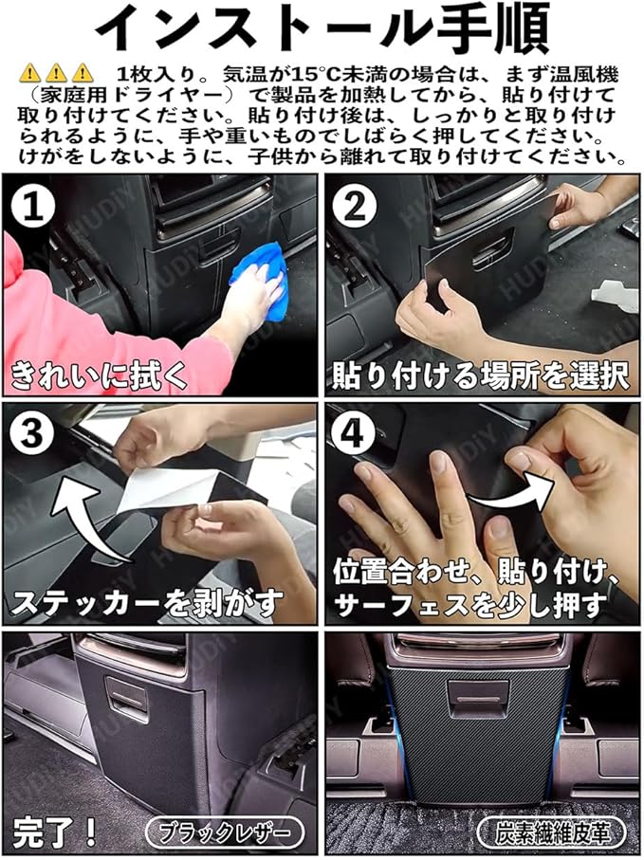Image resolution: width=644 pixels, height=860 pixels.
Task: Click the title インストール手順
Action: [322, 28]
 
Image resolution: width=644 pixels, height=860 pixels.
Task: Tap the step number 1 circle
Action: [32, 208]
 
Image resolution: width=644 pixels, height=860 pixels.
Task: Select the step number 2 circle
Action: [355, 208]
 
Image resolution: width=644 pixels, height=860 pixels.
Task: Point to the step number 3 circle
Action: [32, 434]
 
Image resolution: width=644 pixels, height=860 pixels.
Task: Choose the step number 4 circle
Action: [355, 434]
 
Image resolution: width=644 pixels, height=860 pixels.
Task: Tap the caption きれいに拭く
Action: [100, 375]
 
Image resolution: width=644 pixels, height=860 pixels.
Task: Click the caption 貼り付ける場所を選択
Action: [480, 375]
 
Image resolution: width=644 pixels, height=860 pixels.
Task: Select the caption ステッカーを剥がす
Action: [147, 603]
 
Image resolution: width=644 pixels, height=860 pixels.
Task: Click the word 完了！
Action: [54, 832]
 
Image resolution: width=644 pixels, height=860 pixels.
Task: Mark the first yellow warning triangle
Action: [29, 73]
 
